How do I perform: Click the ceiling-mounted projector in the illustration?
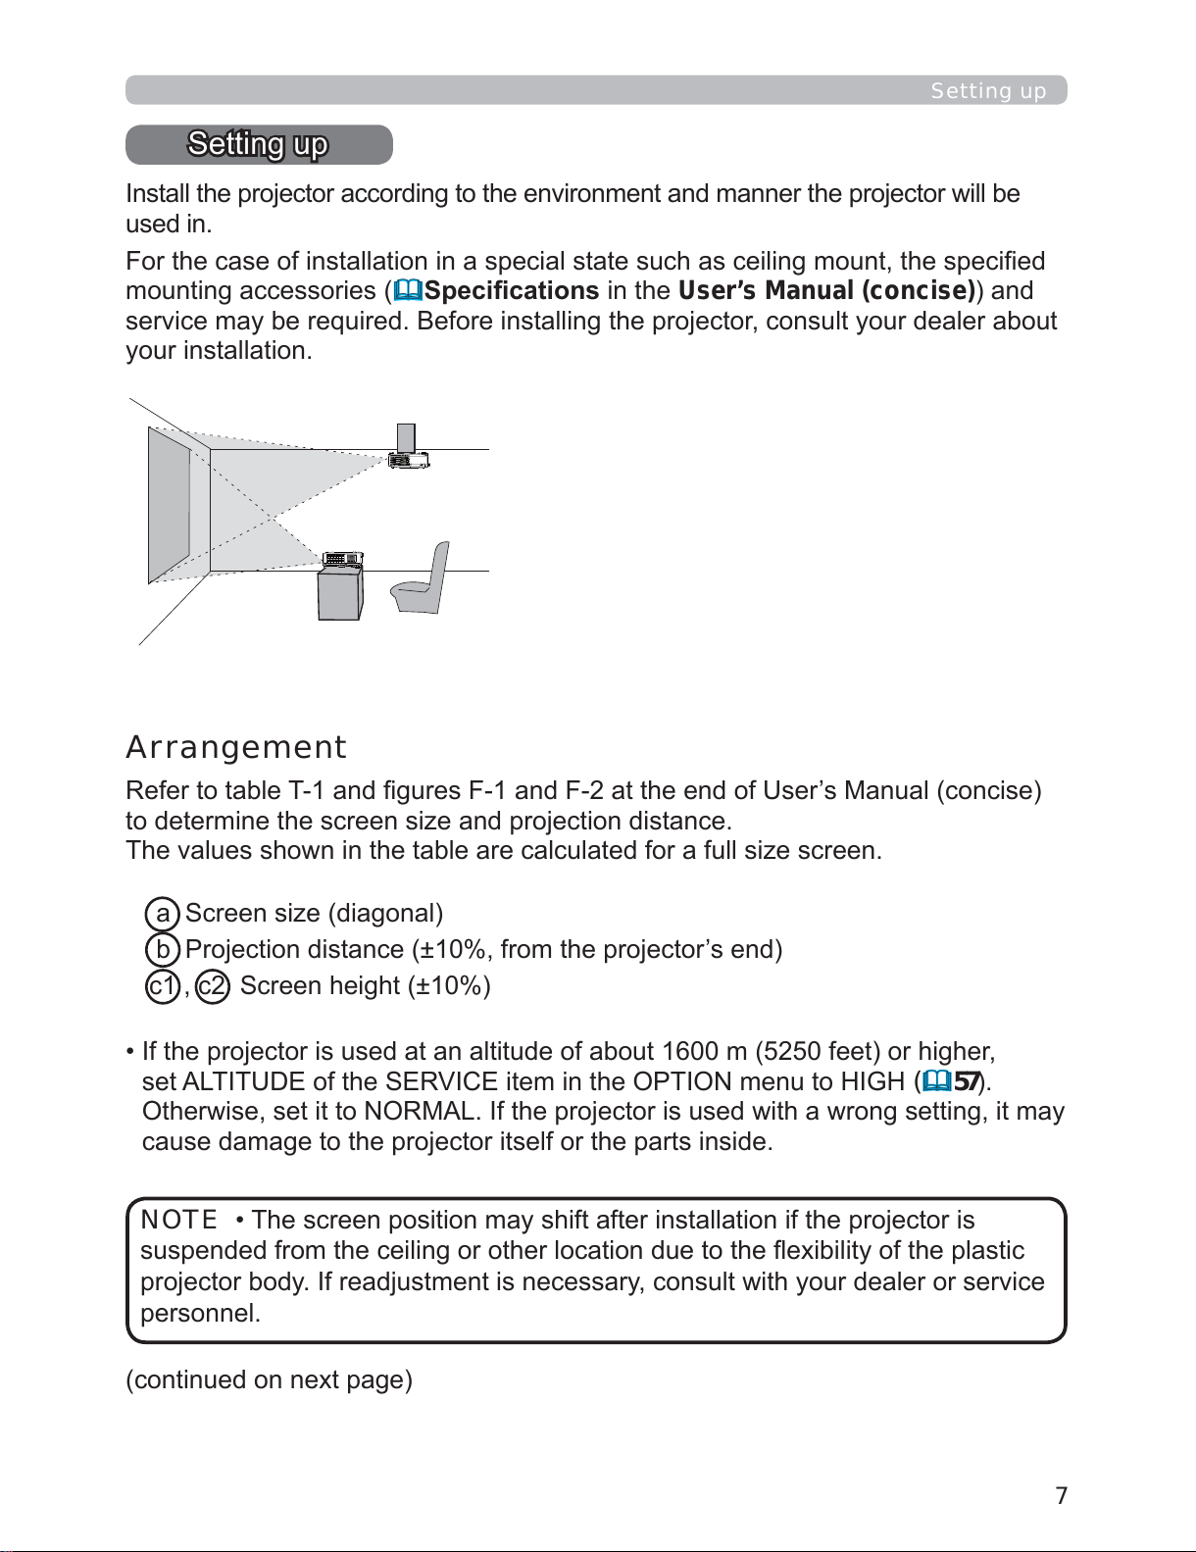coord(409,460)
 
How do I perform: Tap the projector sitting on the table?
coord(343,559)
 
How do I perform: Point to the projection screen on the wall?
coord(169,504)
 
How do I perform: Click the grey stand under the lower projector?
coord(340,593)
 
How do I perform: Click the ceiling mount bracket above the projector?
coord(406,438)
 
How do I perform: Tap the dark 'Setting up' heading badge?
coord(259,144)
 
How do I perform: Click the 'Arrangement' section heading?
coord(235,747)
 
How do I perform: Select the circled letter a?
coord(162,914)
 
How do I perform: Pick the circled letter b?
coord(162,950)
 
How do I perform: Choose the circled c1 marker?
coord(162,986)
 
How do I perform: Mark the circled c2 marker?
coord(212,986)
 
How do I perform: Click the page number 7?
coord(1061,1495)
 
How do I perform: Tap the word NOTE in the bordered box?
coord(178,1220)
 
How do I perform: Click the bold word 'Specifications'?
coord(512,290)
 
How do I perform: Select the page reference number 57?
coord(967,1081)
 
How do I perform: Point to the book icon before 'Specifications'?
coord(408,290)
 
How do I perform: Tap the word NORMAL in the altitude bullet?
coord(419,1112)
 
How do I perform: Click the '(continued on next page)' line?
coord(270,1379)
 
